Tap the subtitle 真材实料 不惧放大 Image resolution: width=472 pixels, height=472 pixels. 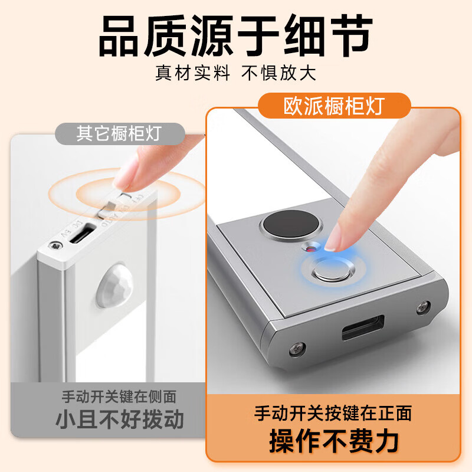[x=236, y=73]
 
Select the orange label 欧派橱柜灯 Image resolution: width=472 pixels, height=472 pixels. [x=335, y=107]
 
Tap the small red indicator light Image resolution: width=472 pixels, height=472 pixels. [x=310, y=250]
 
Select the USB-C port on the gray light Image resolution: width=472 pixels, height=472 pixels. [x=362, y=327]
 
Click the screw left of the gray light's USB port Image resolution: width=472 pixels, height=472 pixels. [x=295, y=349]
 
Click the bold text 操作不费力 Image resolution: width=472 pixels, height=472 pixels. [x=333, y=440]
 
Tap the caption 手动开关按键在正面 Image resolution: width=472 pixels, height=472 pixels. [x=333, y=412]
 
